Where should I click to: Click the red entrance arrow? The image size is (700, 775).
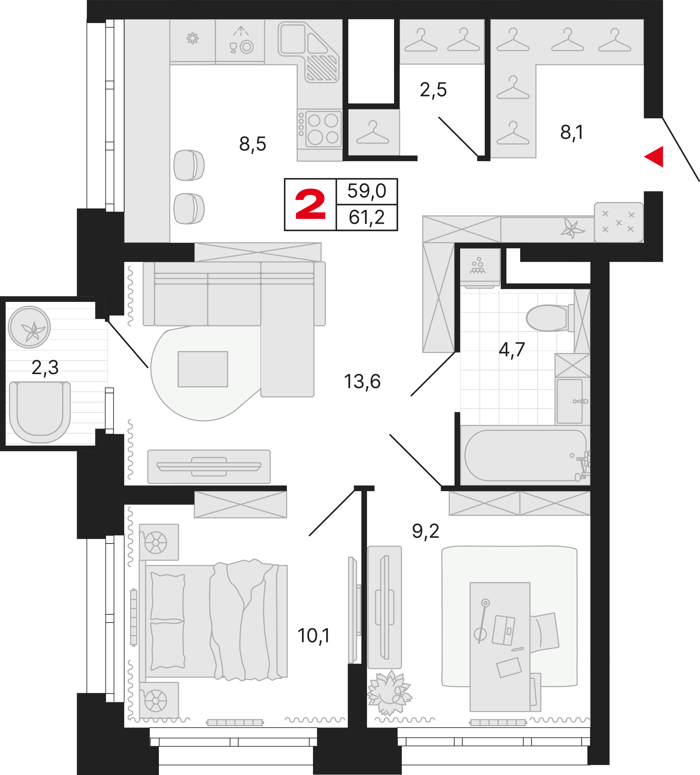[x=655, y=156]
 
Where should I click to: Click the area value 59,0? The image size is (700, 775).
[x=366, y=191]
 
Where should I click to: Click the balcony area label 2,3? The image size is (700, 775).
[x=45, y=368]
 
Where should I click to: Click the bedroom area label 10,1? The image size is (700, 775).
[x=313, y=636]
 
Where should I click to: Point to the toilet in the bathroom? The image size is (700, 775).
[x=548, y=318]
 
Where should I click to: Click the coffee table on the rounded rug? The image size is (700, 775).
[x=203, y=369]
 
